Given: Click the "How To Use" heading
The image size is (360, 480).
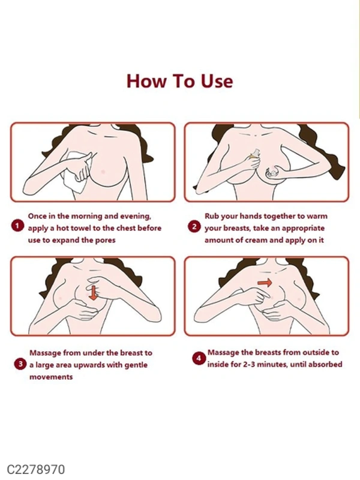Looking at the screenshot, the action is pos(179,81).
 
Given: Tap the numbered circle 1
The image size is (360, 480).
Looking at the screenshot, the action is pos(17,226).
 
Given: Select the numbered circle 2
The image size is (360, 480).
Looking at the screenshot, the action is pos(194,227).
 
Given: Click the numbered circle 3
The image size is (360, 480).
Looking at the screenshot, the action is pos(20,364).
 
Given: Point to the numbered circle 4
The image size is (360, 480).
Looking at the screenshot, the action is pos(199,358).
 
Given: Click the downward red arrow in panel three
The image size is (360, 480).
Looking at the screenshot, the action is pos(94,292).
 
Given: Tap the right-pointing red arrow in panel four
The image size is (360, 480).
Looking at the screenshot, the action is pos(265,283).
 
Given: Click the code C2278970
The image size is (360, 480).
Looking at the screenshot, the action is pos(35,469).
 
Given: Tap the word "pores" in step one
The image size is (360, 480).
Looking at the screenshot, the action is pos(106,241).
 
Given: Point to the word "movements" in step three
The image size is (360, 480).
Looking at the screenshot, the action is pos(51,377).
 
